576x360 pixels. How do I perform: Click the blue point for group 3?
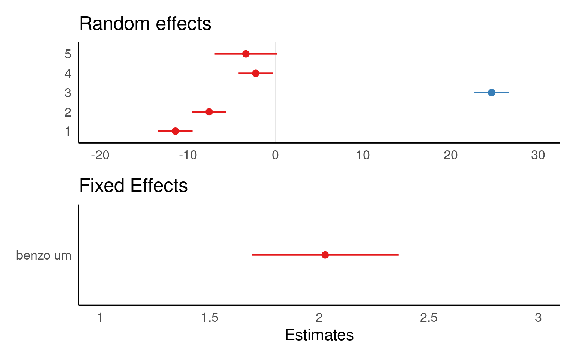491,92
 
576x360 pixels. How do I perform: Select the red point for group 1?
175,131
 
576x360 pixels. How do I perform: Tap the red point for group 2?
209,112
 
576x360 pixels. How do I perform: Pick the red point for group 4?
256,73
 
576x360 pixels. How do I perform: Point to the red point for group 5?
246,54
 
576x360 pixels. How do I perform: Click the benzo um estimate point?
325,255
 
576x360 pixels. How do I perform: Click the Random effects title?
145,24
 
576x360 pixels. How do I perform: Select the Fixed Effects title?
133,186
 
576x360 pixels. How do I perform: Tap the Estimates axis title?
319,335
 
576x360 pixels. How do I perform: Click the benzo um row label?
43,255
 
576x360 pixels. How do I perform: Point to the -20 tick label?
100,155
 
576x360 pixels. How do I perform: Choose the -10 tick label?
188,155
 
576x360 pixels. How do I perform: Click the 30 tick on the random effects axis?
538,155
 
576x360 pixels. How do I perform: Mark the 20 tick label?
450,155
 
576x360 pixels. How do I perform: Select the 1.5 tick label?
210,318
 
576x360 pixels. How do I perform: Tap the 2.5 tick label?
429,318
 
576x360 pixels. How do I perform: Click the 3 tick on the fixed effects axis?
538,318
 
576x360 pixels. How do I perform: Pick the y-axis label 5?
68,54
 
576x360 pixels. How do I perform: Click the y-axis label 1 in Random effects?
68,132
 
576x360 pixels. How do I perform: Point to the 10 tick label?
363,155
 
